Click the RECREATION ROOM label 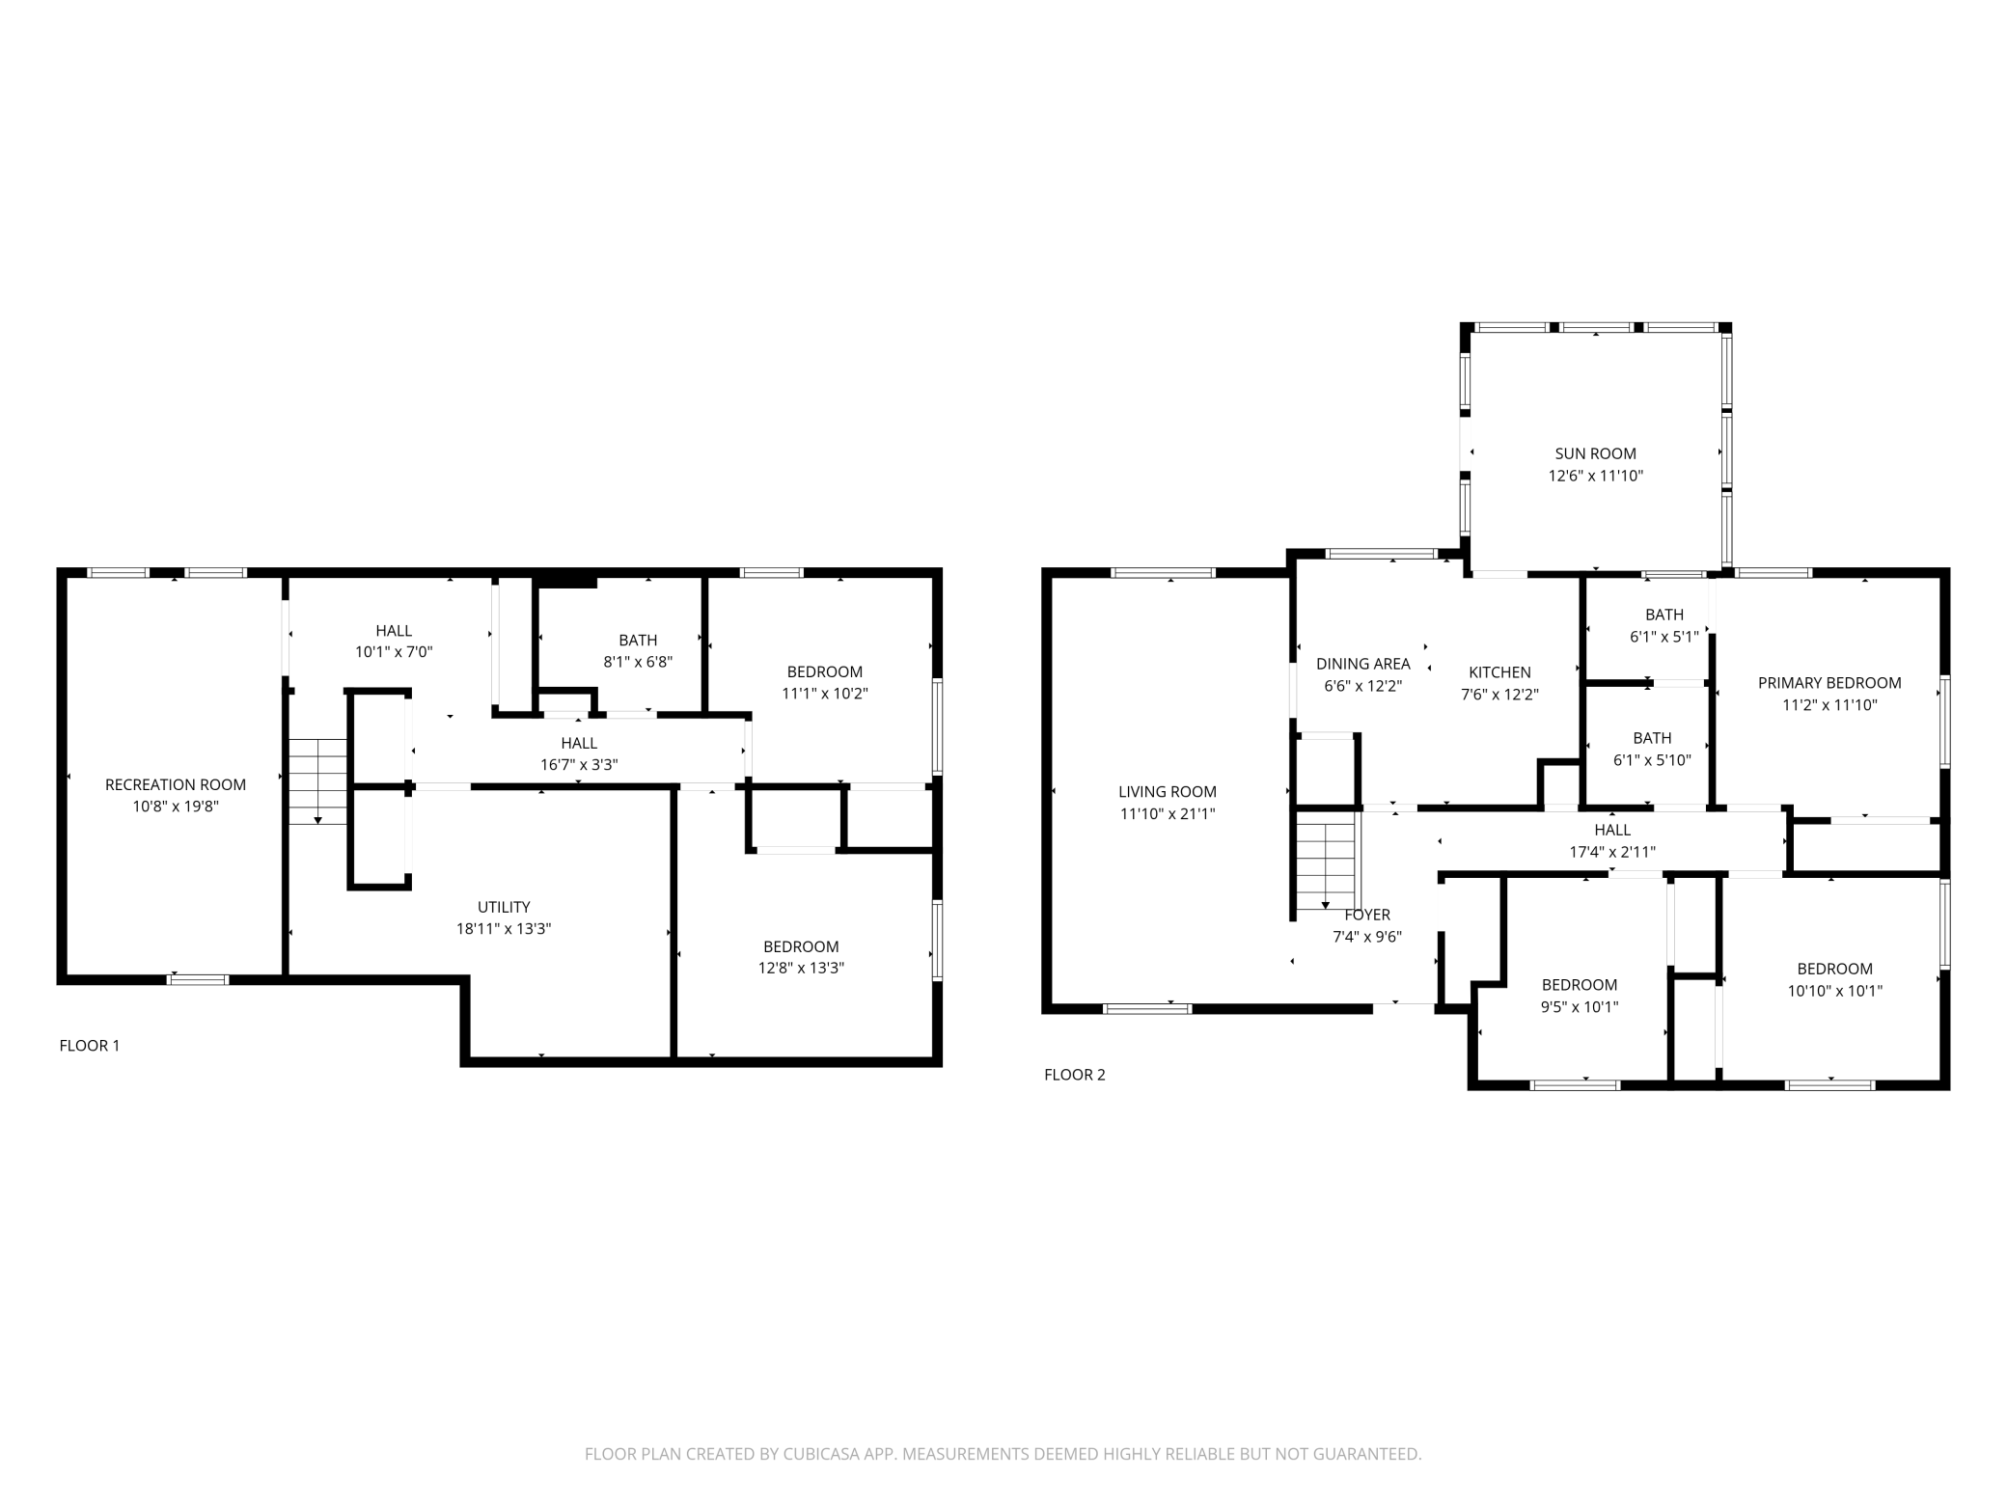[176, 784]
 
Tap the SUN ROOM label [1595, 453]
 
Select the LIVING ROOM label [1168, 792]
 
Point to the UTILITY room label [504, 907]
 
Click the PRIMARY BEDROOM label [1829, 683]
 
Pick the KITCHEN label [1499, 672]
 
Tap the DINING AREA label [1363, 664]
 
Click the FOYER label [1367, 915]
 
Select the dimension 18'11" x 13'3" [504, 929]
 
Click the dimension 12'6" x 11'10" [1596, 476]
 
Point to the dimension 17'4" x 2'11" [1612, 852]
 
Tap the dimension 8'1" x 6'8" [638, 662]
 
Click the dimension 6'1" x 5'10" [1652, 760]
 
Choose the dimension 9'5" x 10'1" [1580, 1006]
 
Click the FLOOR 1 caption [90, 1045]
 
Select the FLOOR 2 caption [1075, 1075]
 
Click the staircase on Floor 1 [317, 781]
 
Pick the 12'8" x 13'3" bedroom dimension [801, 968]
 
